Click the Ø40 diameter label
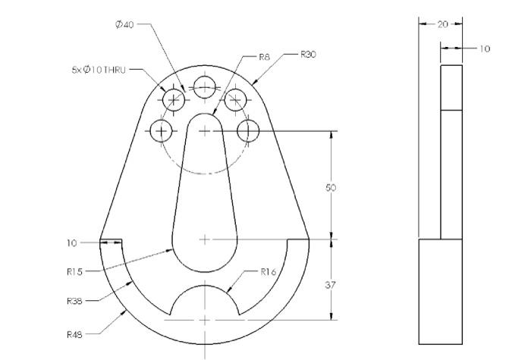(124, 24)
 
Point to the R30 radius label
(307, 55)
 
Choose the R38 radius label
(74, 301)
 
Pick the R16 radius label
(268, 271)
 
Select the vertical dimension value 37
(331, 285)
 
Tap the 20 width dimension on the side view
(443, 24)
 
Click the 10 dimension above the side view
(483, 49)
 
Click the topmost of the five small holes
(204, 87)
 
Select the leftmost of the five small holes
(160, 131)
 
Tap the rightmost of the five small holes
(248, 131)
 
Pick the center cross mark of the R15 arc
(204, 239)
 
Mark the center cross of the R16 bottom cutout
(204, 321)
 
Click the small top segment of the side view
(451, 87)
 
